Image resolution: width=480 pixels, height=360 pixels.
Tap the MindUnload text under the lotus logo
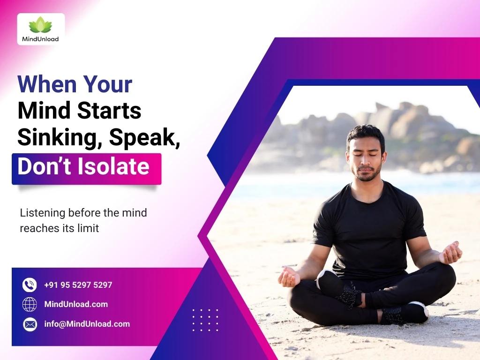point(40,39)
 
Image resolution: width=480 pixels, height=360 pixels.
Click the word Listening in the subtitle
point(43,212)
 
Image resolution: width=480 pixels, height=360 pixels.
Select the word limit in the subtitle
point(89,229)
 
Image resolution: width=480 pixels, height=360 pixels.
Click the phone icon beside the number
point(30,285)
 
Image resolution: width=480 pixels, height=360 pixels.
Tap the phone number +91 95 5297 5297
point(78,285)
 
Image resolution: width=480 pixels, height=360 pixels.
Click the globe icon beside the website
point(30,304)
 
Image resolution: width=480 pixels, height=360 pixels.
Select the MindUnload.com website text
point(76,304)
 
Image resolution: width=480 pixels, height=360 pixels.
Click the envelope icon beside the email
point(30,324)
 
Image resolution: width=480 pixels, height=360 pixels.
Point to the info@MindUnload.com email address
point(87,324)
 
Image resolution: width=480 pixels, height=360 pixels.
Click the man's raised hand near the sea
point(451,253)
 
